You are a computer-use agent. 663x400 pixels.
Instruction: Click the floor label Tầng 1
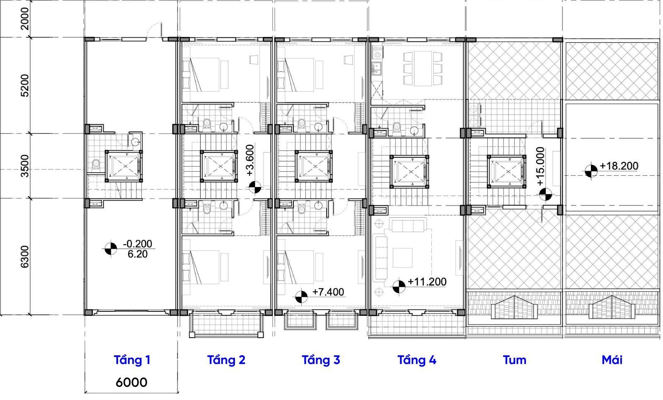132,360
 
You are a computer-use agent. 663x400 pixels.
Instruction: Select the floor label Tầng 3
321,360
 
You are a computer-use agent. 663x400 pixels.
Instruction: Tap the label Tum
515,360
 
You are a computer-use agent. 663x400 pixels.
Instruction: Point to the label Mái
612,360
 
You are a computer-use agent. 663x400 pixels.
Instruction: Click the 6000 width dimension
131,383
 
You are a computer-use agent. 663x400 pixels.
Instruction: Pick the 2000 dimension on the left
25,19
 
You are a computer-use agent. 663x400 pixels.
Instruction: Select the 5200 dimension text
25,85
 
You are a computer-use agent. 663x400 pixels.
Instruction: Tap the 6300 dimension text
25,257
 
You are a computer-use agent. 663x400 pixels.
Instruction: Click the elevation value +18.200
619,166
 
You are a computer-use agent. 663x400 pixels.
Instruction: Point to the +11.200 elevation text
427,281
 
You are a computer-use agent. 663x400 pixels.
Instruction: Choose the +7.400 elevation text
328,292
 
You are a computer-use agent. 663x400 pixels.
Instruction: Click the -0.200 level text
137,244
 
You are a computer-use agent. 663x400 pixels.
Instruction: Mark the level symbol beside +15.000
545,194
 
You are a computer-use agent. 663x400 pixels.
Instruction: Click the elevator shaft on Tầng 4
410,172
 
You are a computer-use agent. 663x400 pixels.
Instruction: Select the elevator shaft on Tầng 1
124,166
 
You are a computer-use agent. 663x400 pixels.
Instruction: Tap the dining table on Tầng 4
423,68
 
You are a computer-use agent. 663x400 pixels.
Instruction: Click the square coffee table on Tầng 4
402,258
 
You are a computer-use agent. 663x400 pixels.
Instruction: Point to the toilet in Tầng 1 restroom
96,164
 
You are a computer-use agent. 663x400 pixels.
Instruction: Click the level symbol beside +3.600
255,187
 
